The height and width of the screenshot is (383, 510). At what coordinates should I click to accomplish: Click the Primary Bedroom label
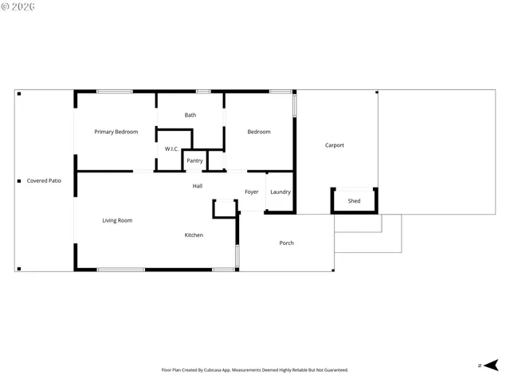116,132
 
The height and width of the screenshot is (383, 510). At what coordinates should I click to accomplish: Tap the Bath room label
190,115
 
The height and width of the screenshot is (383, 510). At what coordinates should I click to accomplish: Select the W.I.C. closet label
171,149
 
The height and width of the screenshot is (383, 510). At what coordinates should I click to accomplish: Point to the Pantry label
194,160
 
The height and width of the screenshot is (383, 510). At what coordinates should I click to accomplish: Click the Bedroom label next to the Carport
258,132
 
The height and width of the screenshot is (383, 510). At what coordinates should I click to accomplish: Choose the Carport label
335,145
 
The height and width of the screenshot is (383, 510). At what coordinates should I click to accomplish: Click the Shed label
354,201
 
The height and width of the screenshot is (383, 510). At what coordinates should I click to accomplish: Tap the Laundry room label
280,191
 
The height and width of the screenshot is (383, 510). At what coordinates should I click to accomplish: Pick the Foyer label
252,191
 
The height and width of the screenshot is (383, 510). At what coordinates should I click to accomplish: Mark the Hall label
197,186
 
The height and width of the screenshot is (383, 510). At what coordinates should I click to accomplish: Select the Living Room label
117,220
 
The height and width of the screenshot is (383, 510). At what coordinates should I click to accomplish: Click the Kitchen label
194,235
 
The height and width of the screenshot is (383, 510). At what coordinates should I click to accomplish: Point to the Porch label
286,243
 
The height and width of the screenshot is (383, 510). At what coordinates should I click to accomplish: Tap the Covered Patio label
44,180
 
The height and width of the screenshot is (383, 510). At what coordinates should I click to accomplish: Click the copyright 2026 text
19,6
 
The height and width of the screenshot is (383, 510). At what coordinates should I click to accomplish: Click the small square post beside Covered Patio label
19,180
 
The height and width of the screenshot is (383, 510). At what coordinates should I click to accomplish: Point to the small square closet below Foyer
225,208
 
